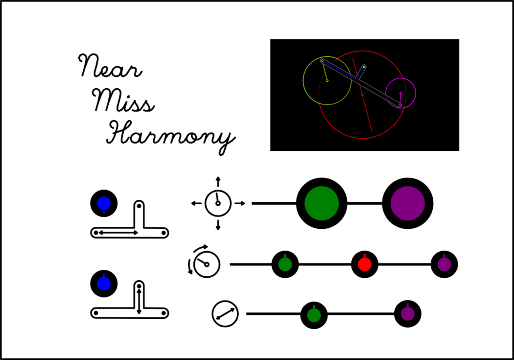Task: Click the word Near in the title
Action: tap(110, 67)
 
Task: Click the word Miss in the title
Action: tap(123, 101)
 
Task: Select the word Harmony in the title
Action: tap(170, 134)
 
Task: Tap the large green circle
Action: tap(322, 203)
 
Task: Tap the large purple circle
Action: tap(408, 203)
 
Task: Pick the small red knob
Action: tap(365, 264)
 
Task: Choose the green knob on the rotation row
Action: tap(285, 264)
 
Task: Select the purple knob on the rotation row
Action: tap(444, 264)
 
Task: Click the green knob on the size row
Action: tap(314, 315)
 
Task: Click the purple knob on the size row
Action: tap(408, 313)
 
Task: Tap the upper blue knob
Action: tap(104, 203)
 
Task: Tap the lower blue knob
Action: tap(104, 284)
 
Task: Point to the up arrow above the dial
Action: tap(218, 181)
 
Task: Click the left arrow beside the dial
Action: tap(196, 203)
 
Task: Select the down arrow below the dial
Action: tap(218, 226)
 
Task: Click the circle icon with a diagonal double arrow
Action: tap(225, 314)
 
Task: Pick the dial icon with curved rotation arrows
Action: tap(206, 264)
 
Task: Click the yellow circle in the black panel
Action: tap(327, 81)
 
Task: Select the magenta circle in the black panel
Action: tap(400, 93)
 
